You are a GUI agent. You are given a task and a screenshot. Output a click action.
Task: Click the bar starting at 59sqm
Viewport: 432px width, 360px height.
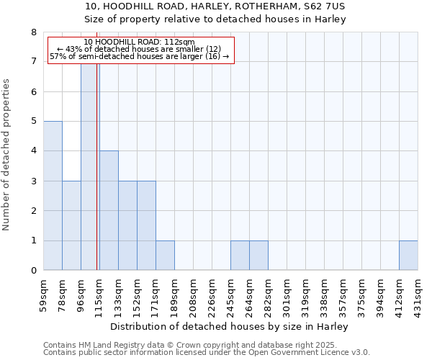click(53, 196)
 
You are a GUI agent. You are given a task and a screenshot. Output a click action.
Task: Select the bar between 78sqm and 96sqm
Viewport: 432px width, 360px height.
click(71, 225)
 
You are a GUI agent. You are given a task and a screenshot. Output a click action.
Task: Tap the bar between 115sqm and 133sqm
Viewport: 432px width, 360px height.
click(109, 210)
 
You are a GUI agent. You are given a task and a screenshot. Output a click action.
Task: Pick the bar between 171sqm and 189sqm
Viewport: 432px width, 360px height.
click(165, 256)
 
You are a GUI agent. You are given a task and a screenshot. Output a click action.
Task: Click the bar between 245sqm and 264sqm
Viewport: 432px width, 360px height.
click(240, 256)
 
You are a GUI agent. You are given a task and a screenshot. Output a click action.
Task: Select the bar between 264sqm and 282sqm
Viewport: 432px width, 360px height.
click(258, 256)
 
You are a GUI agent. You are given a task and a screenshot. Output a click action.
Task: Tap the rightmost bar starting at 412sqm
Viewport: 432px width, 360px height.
click(408, 256)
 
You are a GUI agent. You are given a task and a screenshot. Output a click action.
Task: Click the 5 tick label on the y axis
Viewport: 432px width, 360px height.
click(34, 122)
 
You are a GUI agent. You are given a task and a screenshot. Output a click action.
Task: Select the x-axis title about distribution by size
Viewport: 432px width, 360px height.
click(230, 327)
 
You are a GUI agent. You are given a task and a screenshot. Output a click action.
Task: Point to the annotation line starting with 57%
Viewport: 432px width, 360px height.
click(140, 56)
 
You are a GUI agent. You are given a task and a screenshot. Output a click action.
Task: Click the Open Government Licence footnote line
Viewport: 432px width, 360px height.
click(207, 353)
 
